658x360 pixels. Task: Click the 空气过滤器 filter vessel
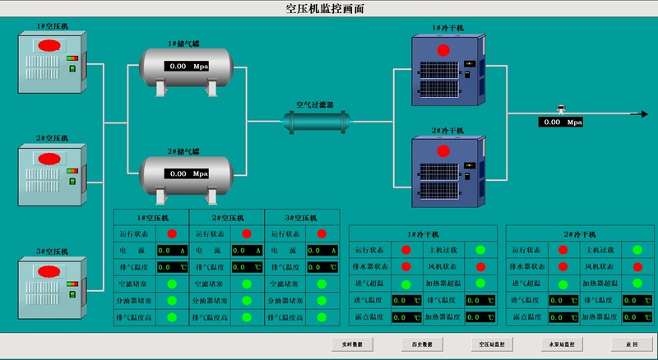(317, 122)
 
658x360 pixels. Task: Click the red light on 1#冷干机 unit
(443, 50)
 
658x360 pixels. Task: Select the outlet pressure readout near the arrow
(561, 122)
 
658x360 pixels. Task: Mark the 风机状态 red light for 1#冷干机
(480, 266)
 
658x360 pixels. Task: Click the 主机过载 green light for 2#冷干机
(637, 250)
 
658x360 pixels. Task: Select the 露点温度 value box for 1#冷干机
(406, 316)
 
